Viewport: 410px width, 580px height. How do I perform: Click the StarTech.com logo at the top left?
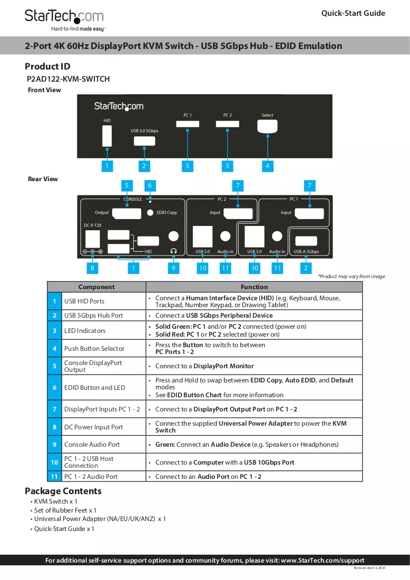point(65,20)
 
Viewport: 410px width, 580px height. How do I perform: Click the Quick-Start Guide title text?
point(353,13)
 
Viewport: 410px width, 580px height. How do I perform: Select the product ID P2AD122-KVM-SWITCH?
point(69,79)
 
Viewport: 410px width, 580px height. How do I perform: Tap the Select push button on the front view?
point(267,126)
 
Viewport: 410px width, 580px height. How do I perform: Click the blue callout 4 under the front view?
point(267,166)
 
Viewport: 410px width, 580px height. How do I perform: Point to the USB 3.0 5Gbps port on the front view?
point(144,141)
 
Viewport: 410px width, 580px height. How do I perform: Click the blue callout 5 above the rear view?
point(126,185)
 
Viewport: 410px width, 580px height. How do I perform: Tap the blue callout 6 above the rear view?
point(150,185)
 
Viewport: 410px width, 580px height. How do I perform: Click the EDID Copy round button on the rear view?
point(150,213)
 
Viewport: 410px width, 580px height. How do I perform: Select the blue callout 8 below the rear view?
point(92,268)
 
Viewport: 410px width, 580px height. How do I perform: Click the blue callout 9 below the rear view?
point(173,268)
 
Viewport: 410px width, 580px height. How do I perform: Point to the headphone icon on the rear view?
point(173,251)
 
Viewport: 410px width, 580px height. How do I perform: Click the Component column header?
point(96,287)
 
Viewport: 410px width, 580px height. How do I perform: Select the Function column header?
point(254,287)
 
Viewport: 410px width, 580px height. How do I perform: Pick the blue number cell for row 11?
point(54,476)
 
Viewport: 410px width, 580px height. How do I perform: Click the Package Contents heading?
point(63,491)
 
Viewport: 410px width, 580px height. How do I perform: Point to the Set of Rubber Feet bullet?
point(63,510)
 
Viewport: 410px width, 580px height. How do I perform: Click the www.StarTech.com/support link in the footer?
point(323,561)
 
